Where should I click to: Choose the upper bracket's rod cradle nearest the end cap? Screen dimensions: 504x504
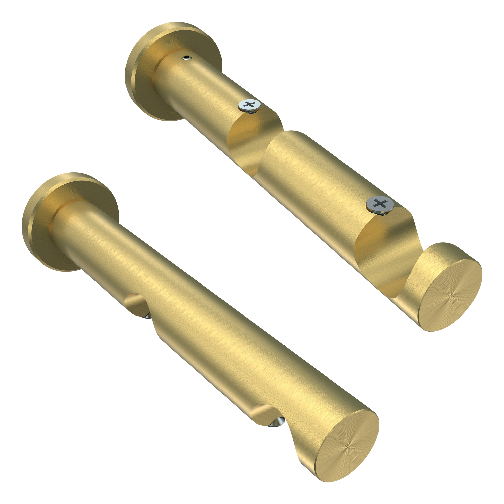point(384,250)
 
